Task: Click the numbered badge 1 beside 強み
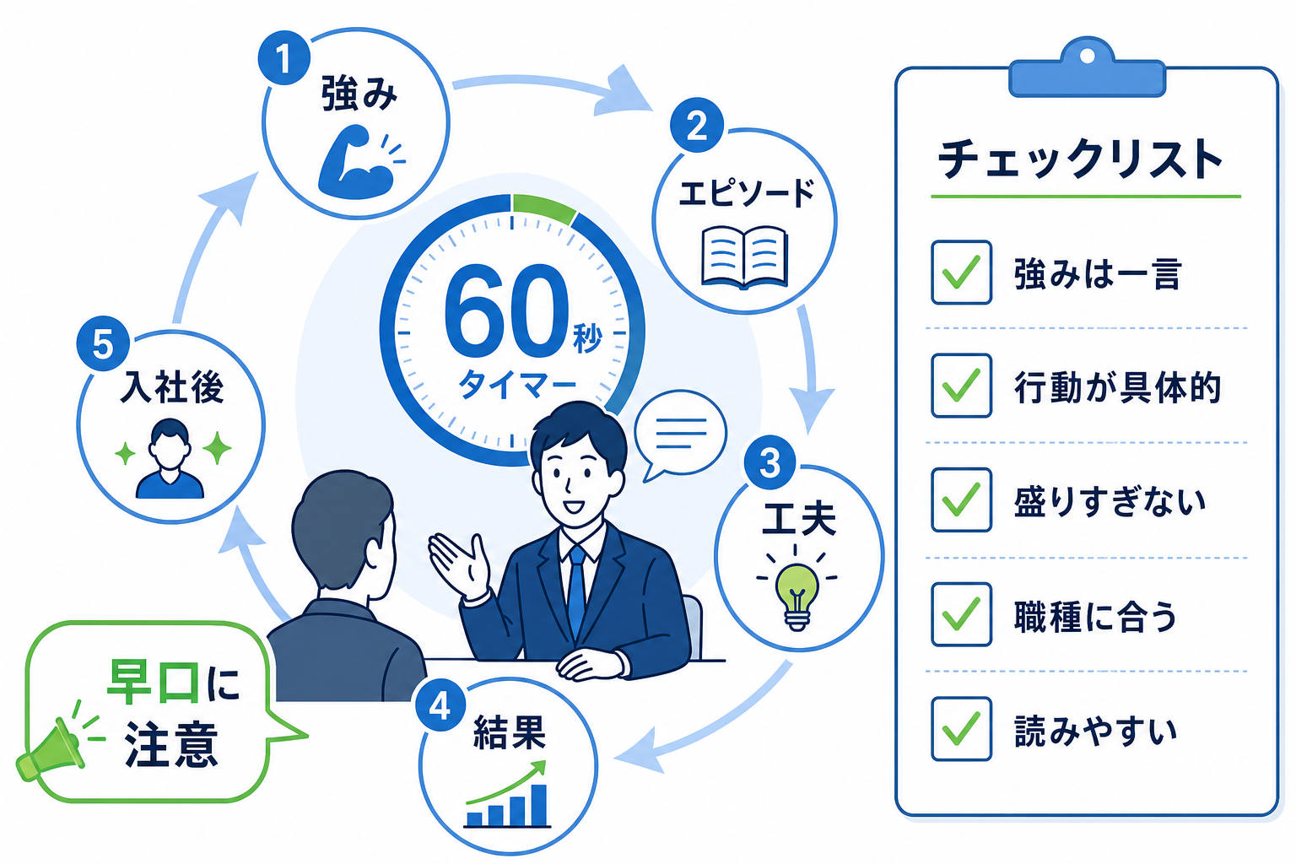coord(283,58)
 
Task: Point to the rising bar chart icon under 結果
coord(507,794)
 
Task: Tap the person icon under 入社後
coord(170,459)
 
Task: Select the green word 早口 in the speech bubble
coord(154,683)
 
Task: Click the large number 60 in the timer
coord(505,310)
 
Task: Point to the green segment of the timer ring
coord(544,208)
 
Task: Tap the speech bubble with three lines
coord(680,435)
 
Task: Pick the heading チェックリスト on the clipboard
coord(1080,159)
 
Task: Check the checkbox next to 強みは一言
coord(962,273)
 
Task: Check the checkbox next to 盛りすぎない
coord(962,500)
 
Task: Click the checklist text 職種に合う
coord(1096,616)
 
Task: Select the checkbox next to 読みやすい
coord(962,729)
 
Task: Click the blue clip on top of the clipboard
coord(1087,68)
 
